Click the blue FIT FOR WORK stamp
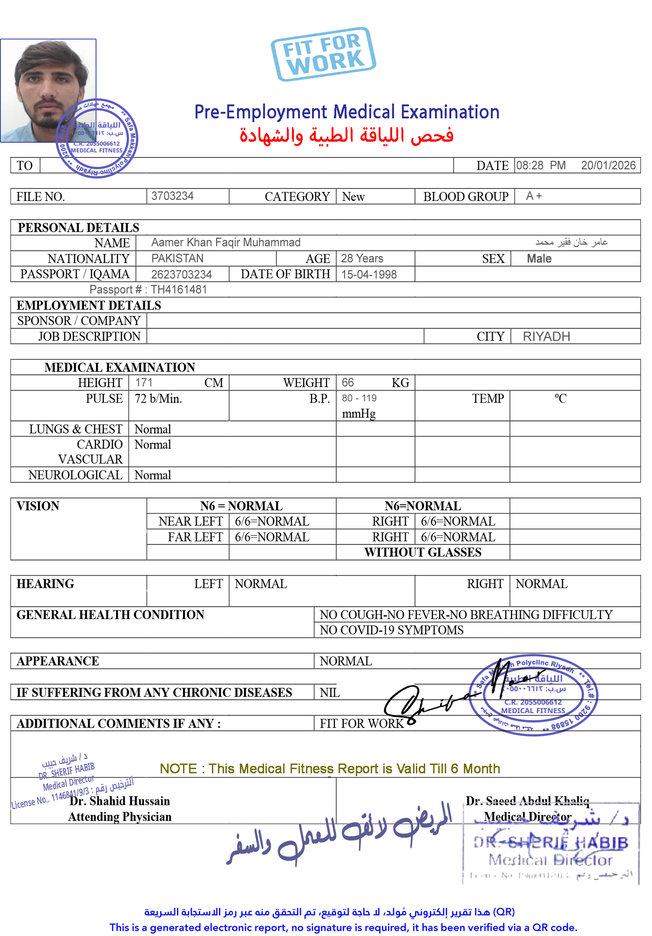323,54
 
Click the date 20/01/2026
608,165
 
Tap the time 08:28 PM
540,165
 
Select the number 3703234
172,196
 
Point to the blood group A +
534,196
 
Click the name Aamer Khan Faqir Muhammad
226,242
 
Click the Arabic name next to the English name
571,242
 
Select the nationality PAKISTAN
177,258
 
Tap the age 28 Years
362,258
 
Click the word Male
539,259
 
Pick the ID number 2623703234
182,275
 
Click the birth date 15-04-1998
369,275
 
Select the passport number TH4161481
179,289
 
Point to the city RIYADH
546,337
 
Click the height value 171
143,382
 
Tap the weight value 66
347,382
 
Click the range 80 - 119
359,399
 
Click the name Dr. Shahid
97,801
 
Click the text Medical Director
527,817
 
